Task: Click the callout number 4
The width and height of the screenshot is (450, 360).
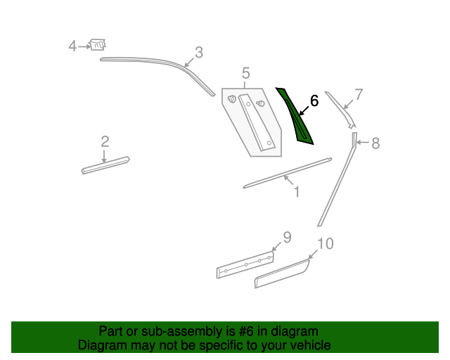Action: click(72, 46)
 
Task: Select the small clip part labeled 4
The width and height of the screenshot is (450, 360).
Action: click(98, 44)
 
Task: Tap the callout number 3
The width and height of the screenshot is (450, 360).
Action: click(199, 53)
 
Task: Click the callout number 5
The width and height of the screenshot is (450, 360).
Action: click(246, 73)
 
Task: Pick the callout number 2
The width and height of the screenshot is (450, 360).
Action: click(105, 142)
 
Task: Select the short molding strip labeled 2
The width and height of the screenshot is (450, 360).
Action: click(105, 165)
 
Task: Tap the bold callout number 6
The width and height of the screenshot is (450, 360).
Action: click(314, 101)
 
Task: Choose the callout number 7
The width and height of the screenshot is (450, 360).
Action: click(359, 94)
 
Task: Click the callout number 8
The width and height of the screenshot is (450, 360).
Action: click(375, 143)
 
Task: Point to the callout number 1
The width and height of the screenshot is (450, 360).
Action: click(297, 192)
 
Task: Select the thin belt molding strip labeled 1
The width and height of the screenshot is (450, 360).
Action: click(288, 173)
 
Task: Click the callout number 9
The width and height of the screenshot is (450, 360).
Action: click(288, 238)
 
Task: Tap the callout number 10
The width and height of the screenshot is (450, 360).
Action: click(326, 244)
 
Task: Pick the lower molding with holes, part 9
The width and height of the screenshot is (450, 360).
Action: click(245, 264)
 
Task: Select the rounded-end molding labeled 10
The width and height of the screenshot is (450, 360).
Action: click(282, 274)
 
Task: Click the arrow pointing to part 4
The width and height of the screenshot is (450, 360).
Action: click(84, 46)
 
